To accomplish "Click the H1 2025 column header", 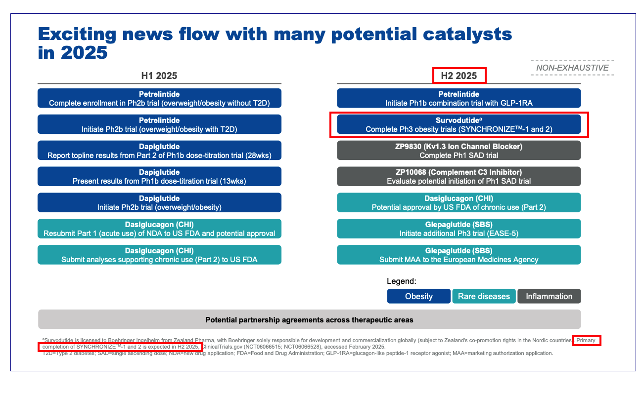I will click(x=159, y=76).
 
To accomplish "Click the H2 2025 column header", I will click(x=459, y=76).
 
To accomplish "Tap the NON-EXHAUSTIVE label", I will click(x=572, y=68).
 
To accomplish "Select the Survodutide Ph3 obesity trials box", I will click(x=459, y=124).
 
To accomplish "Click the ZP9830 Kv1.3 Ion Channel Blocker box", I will click(x=459, y=151).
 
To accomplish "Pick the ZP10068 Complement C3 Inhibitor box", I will click(x=459, y=177).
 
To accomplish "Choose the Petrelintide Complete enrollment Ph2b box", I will click(x=159, y=98).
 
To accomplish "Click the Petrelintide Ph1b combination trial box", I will click(x=459, y=98).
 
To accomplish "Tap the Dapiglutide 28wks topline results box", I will click(x=159, y=151).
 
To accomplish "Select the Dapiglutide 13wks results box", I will click(x=159, y=177).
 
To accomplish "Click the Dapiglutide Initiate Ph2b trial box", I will click(x=159, y=203).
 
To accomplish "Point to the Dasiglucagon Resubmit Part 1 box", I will click(x=159, y=229).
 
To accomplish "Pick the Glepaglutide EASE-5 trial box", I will click(x=459, y=229).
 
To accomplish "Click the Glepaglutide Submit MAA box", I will click(x=459, y=255).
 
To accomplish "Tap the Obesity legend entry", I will click(x=418, y=296).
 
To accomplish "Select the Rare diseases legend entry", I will click(x=484, y=296).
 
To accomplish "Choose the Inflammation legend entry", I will click(x=549, y=296).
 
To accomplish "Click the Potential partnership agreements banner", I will click(x=309, y=320).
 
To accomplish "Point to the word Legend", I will click(x=401, y=281).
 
